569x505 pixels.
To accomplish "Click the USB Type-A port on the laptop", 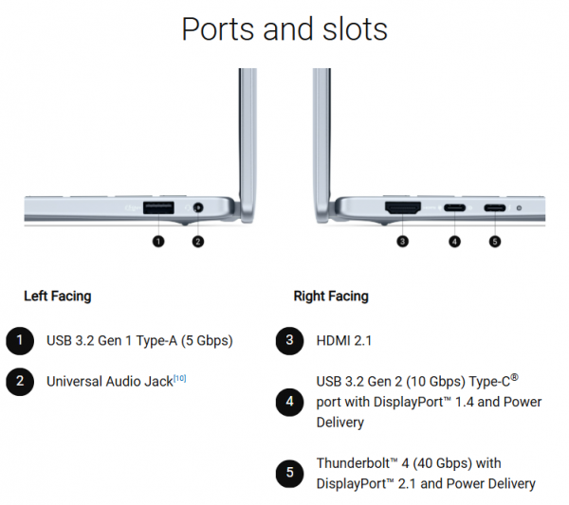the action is coord(158,207).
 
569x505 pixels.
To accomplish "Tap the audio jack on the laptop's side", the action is coord(198,208).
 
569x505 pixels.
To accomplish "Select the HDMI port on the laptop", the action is coord(403,207).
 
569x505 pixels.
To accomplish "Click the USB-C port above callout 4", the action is coord(454,208).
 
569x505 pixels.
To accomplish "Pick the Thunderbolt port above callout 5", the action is coord(495,208).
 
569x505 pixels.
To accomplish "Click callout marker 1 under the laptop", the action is coord(158,241).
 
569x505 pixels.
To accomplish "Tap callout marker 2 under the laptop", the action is coord(198,241).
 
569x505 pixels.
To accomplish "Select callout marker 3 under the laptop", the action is coord(402,241).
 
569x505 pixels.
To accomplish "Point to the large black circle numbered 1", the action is coord(20,340).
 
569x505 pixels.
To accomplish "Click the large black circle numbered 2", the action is coord(20,382).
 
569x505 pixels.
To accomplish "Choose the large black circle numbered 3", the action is coord(289,340).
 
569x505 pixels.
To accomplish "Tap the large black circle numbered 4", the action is coord(289,402).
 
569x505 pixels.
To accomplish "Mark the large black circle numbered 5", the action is coord(289,473).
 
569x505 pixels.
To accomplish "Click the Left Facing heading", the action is coord(58,297).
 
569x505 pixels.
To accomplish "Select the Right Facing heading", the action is coord(331,297).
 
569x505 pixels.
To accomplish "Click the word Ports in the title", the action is coord(218,29).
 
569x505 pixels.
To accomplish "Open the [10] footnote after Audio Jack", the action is coord(179,378).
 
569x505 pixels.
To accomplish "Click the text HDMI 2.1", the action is coord(344,341).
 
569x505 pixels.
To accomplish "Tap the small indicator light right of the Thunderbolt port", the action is coord(519,208).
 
